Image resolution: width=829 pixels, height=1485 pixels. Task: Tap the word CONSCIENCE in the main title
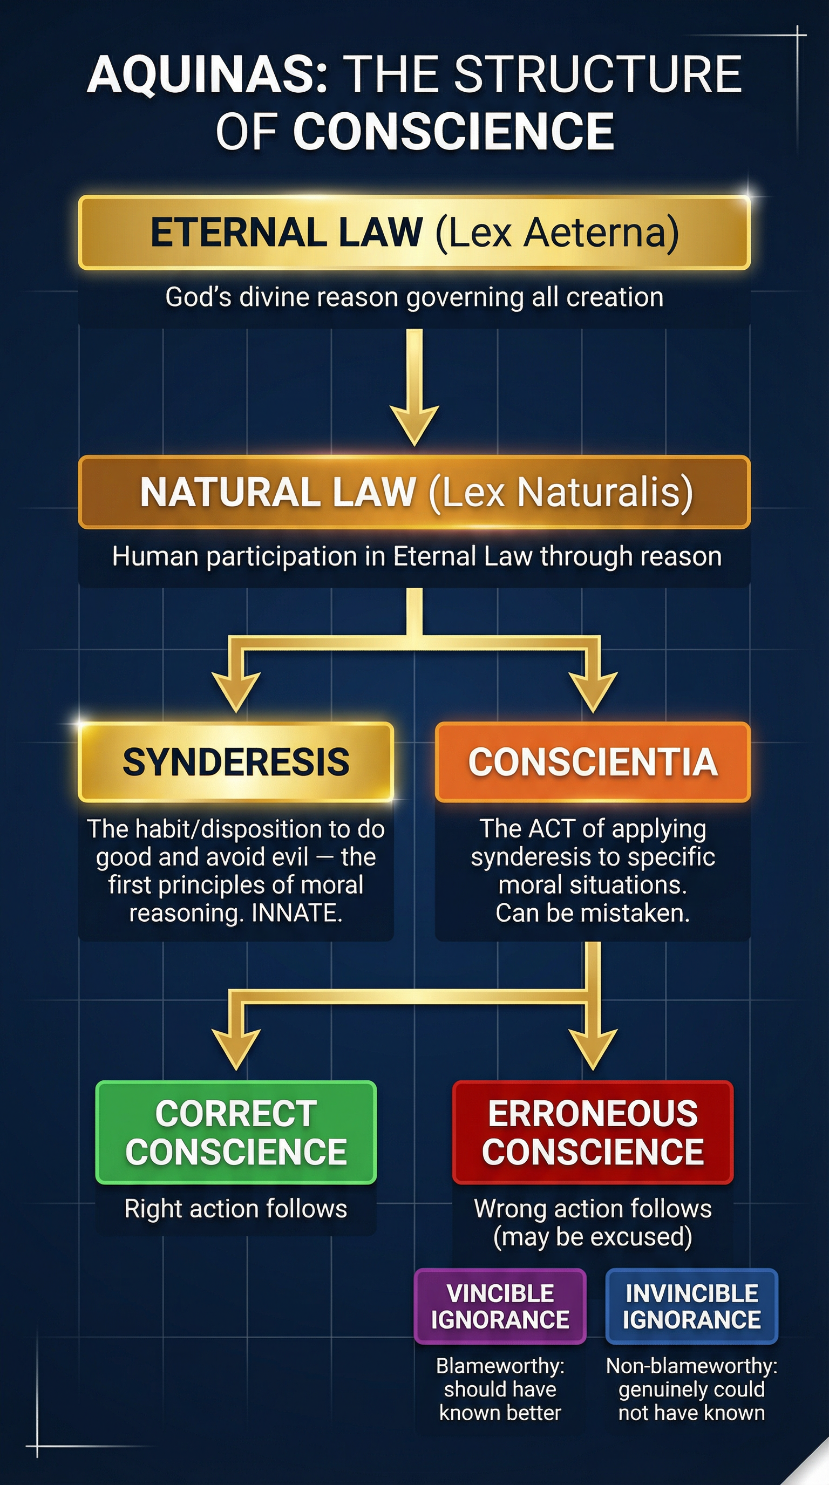(x=453, y=132)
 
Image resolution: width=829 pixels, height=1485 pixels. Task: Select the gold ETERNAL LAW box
(x=414, y=233)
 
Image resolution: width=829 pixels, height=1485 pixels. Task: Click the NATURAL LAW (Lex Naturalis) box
(x=414, y=492)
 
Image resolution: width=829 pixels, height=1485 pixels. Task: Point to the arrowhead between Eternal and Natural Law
(x=414, y=424)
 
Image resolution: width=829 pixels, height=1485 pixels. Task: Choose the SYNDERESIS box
(x=236, y=761)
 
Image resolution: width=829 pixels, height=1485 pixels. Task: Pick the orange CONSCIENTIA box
(x=593, y=761)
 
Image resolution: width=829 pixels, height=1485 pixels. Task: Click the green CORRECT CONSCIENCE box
(x=236, y=1132)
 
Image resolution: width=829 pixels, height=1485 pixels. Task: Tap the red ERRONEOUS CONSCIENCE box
(x=593, y=1132)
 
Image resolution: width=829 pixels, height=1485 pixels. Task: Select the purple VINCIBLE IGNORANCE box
(x=500, y=1306)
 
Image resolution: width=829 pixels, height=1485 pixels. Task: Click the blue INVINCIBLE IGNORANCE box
(x=691, y=1306)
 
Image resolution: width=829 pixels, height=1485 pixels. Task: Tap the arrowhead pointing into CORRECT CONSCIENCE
(x=236, y=1049)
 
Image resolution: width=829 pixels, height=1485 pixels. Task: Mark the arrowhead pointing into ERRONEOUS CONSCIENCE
(x=593, y=1049)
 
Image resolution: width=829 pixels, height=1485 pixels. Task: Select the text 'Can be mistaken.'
(x=593, y=913)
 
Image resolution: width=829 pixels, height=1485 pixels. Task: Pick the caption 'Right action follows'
(x=236, y=1208)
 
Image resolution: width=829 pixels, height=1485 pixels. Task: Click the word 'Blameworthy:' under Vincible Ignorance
(x=500, y=1366)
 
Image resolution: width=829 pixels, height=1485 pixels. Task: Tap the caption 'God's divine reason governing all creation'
(x=414, y=297)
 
